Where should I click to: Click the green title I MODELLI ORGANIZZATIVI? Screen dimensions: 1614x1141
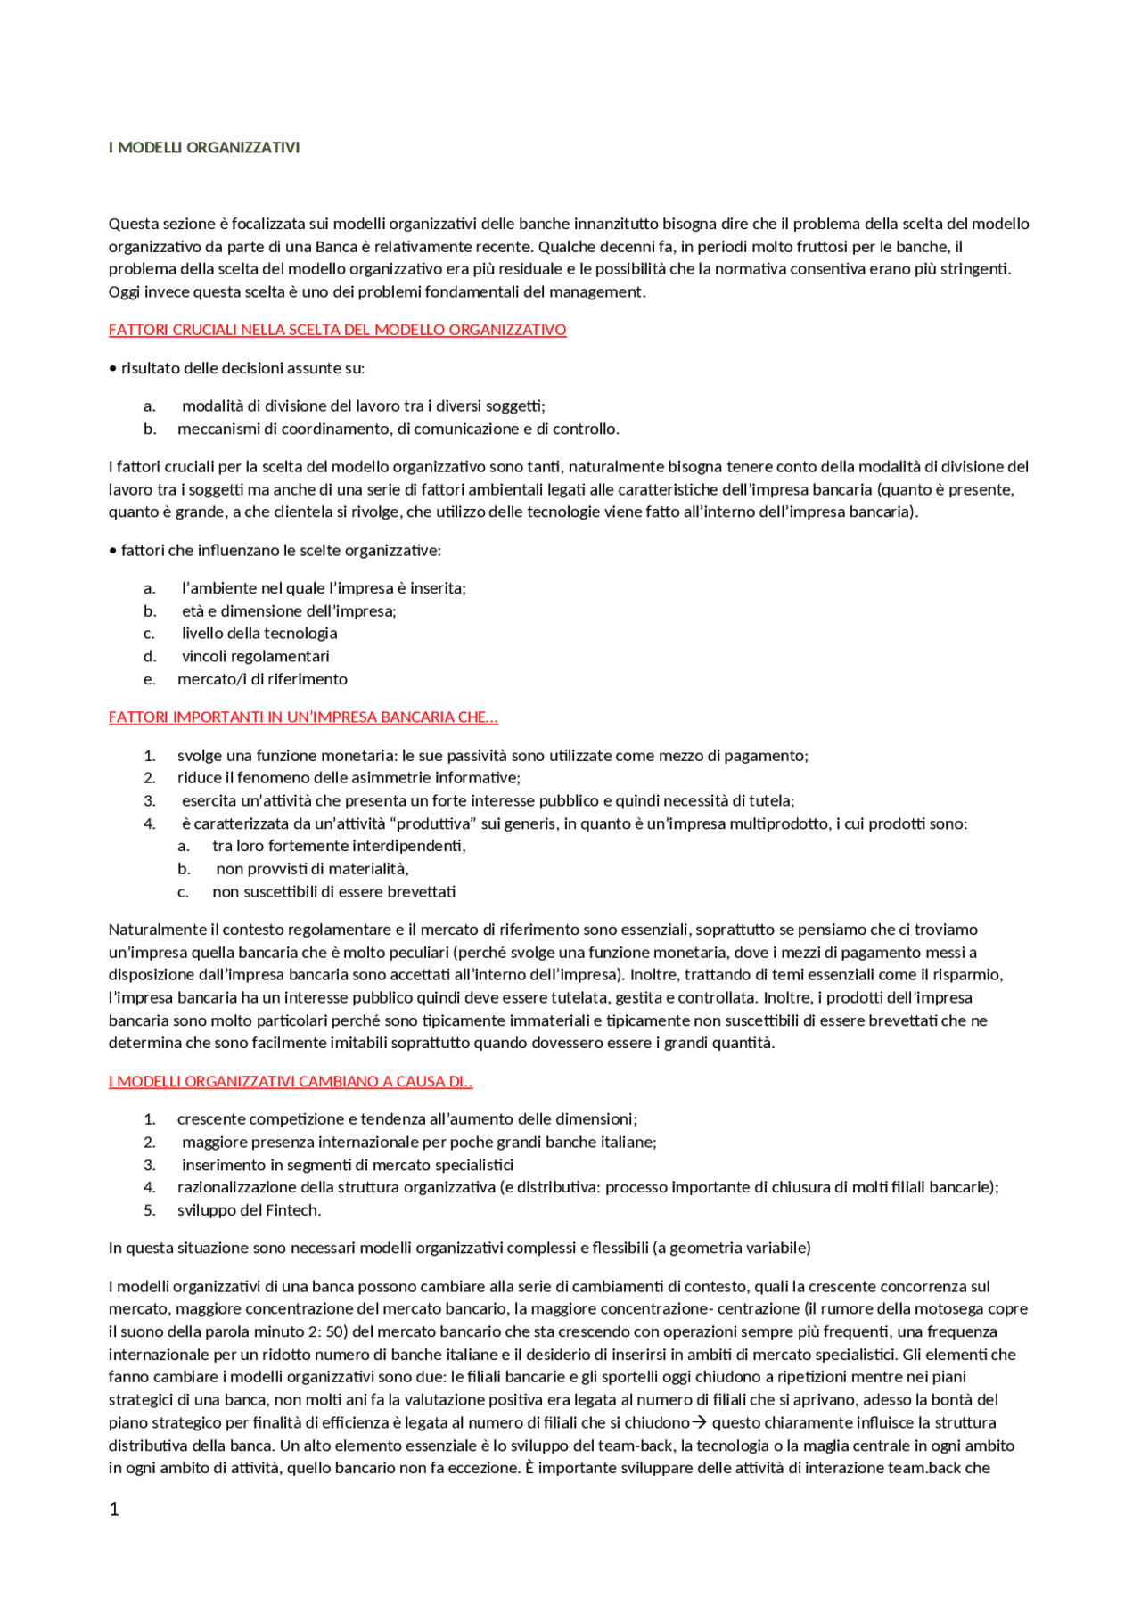(203, 148)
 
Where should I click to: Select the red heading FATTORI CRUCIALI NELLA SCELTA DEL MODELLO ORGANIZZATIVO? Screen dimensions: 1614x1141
(337, 330)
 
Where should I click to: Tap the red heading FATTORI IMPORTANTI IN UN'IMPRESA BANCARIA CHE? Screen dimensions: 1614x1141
(303, 717)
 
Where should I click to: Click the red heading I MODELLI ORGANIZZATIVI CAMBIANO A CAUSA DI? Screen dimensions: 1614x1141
(291, 1082)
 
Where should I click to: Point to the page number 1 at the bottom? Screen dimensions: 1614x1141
(113, 1509)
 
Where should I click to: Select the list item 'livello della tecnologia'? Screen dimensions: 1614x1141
(259, 634)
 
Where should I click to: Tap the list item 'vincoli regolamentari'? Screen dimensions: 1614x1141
(256, 657)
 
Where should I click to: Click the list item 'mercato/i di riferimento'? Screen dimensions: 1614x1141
(262, 679)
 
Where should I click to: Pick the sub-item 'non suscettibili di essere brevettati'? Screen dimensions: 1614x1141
(333, 892)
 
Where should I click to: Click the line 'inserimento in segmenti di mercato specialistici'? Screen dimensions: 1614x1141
(348, 1165)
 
